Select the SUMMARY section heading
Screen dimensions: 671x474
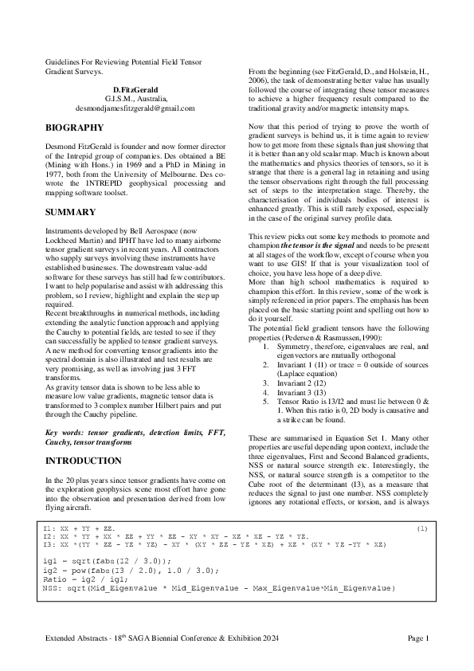coord(70,212)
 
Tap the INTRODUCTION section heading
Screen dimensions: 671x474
coord(83,461)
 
